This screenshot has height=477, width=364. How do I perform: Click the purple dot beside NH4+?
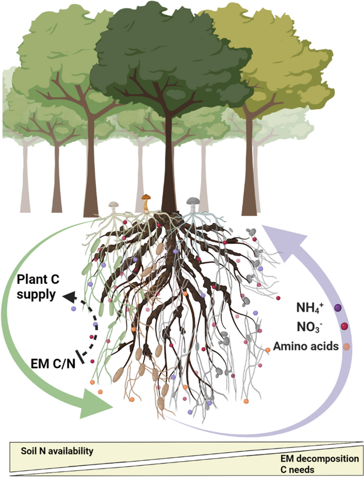pos(338,308)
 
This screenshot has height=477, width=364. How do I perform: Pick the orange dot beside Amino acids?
pos(347,346)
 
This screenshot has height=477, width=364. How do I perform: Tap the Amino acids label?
pos(306,346)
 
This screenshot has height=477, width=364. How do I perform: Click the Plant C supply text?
pos(38,288)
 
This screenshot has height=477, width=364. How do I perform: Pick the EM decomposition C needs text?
pos(319,464)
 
